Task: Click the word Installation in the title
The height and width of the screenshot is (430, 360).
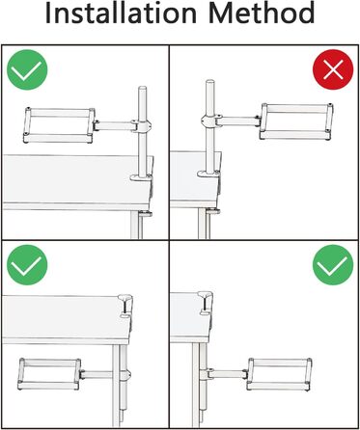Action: (121, 13)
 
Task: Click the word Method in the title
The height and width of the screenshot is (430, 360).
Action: (261, 13)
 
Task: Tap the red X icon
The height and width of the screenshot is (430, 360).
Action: (333, 69)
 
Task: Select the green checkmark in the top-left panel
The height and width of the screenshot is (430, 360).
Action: (27, 69)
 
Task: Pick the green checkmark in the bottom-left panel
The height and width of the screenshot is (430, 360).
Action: (27, 265)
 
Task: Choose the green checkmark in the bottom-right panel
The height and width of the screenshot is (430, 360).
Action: (333, 265)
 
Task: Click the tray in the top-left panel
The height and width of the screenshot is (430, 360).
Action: (59, 125)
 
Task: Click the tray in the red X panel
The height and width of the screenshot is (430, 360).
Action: (296, 121)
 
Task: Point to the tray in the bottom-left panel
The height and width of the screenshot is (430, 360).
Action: (49, 374)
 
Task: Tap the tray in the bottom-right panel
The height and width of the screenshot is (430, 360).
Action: (279, 374)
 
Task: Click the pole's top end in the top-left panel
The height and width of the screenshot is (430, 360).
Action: (142, 88)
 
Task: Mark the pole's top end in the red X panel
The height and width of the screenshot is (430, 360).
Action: (210, 81)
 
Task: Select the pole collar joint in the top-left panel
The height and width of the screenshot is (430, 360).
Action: (141, 125)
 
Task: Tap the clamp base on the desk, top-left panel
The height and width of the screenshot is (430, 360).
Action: (141, 177)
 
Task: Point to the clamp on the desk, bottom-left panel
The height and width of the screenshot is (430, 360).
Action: (125, 306)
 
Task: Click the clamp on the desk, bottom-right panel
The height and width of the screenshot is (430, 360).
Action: (206, 303)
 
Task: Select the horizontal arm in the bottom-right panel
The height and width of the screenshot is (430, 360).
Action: (228, 374)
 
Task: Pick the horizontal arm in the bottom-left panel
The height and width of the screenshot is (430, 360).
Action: (97, 374)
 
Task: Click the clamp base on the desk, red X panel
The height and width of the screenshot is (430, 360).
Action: (208, 174)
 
